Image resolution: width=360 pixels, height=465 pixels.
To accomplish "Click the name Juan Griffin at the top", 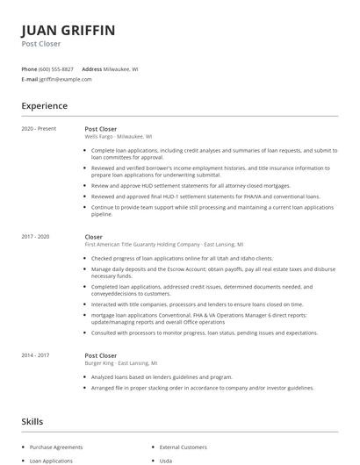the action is coord(68,31).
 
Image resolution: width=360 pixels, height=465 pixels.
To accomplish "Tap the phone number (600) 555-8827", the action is coord(56,68).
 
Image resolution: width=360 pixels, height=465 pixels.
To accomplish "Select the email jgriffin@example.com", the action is coord(66,79).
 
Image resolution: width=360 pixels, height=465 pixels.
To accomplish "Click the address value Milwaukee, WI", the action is coord(120,68).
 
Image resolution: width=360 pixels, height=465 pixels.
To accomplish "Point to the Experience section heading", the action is coord(44,106).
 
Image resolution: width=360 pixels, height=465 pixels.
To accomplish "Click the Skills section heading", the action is coord(32,422).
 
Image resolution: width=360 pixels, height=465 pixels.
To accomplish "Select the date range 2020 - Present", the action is coord(39,129).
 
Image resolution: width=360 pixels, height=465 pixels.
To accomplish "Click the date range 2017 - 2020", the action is coord(35,237).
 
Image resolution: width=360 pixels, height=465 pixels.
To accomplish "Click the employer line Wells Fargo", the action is coord(119,137).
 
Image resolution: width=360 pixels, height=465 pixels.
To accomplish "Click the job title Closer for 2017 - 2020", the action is coord(94,237).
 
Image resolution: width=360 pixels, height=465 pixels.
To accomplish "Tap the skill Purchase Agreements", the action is coord(55,447).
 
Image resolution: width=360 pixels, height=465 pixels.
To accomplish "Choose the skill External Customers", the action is coord(182,447).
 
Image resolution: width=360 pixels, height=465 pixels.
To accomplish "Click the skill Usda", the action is coord(165,460).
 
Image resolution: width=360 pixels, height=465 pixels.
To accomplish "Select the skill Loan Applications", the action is coord(52,460).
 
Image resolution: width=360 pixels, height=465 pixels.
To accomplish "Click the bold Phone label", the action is coord(29,68).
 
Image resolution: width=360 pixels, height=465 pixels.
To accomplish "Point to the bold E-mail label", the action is coord(30,79).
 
